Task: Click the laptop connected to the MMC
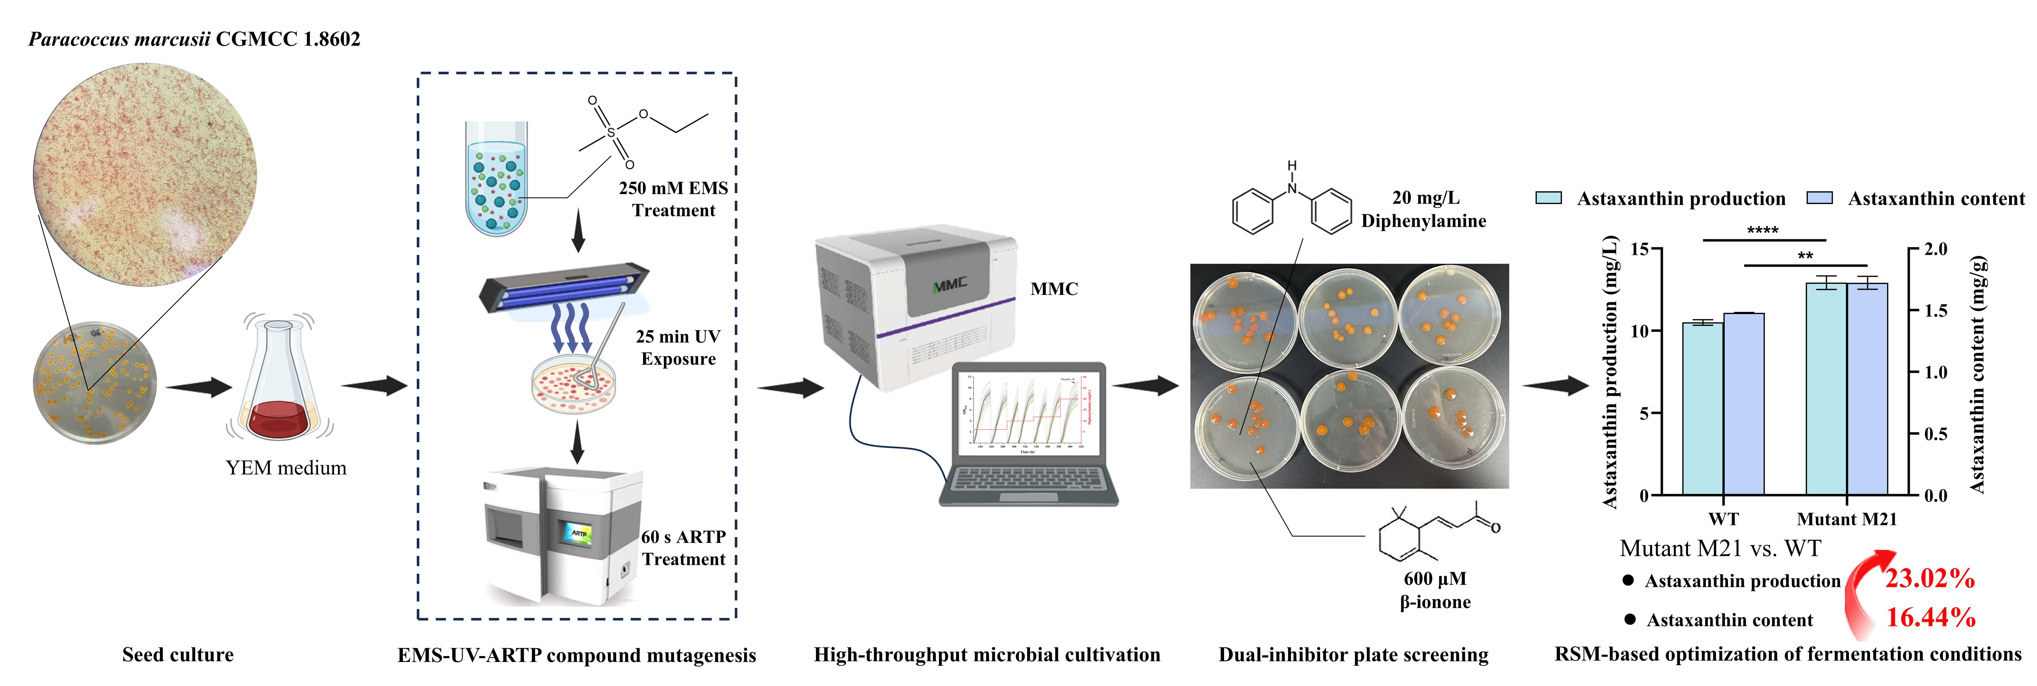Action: click(1028, 435)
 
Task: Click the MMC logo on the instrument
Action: click(949, 285)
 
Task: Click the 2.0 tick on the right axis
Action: click(1935, 250)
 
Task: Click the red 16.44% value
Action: click(1930, 617)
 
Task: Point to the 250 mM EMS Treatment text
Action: click(673, 199)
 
